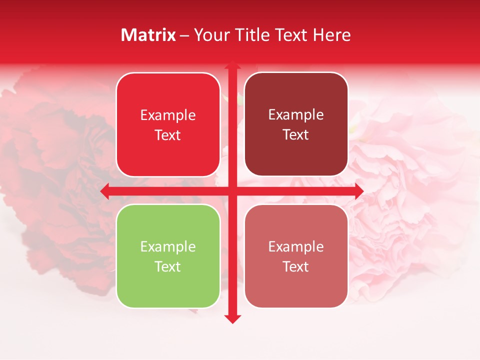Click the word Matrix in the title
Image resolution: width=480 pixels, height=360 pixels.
[x=148, y=35]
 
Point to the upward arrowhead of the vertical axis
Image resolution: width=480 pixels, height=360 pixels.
[x=232, y=65]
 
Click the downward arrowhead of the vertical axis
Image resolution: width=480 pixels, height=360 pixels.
[x=232, y=318]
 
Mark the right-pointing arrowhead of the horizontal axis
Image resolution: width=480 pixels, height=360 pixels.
[x=358, y=191]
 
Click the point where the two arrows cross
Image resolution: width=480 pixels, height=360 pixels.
[x=232, y=191]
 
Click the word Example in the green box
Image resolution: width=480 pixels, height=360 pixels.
[x=168, y=246]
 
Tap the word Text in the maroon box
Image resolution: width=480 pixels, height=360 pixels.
[x=296, y=135]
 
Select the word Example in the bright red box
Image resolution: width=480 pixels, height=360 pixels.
[x=168, y=115]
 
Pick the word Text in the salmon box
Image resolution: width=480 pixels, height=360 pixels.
[x=296, y=266]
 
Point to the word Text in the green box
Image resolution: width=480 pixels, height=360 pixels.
[x=168, y=266]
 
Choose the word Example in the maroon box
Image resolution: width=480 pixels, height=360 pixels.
[x=296, y=114]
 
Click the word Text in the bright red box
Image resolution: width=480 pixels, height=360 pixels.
[x=168, y=135]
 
